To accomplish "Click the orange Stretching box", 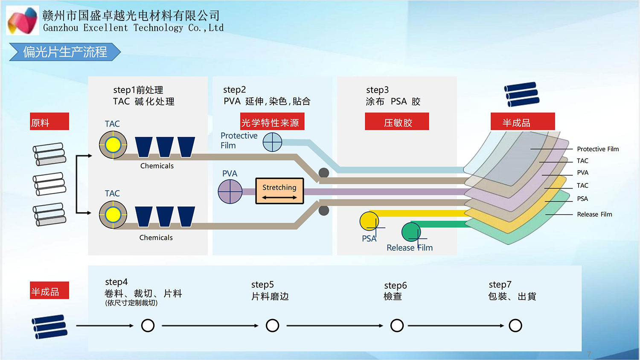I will pos(279,191).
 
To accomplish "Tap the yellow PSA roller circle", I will pos(369,221).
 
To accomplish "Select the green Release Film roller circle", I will pos(411,232).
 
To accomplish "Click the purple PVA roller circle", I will pos(230,192).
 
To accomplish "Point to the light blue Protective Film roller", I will pos(272,142).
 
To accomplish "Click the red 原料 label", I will pos(49,122).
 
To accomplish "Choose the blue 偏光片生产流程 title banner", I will pos(65,52).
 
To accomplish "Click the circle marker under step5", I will pos(272,325).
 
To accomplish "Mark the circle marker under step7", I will pos(515,325).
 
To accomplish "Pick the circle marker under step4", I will pos(148,325).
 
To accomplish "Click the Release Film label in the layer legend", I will pos(594,214).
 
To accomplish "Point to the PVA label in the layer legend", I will pos(582,173).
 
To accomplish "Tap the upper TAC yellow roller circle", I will pos(113,145).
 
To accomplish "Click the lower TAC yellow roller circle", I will pos(113,215).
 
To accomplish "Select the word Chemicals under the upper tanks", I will pos(157,166).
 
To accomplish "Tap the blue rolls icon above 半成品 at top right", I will pos(521,94).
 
